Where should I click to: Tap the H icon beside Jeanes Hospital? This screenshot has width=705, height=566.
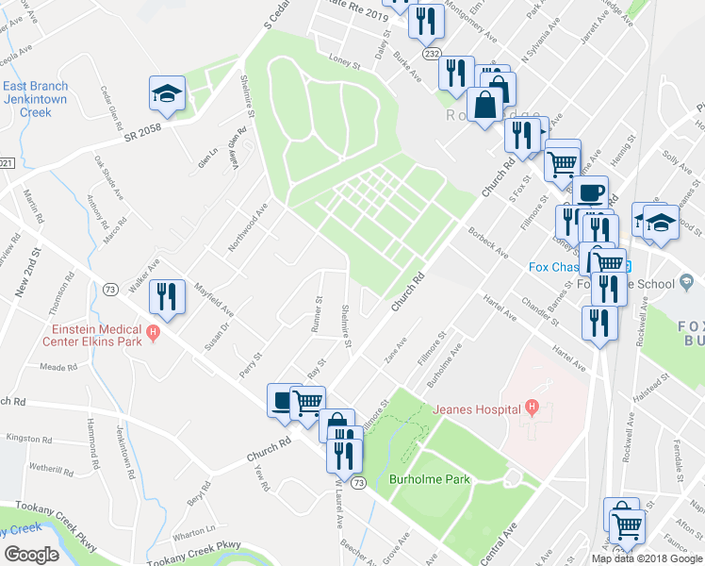pos(533,408)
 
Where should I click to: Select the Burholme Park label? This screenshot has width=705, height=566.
pos(429,479)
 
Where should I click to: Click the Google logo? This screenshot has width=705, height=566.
pos(31,554)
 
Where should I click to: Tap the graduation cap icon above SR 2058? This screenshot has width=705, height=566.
pos(167,94)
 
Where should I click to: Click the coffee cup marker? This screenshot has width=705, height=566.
pos(591,193)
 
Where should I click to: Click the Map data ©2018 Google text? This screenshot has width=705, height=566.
pos(648,558)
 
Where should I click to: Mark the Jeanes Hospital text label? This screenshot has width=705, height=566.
pos(477,409)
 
